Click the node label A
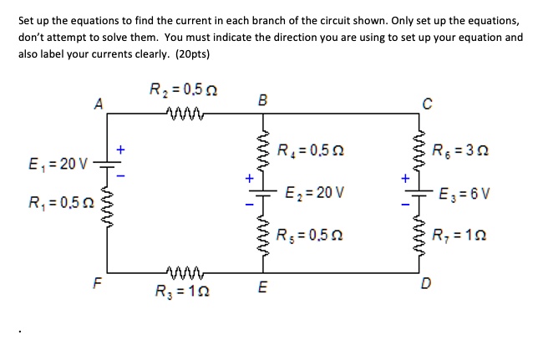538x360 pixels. point(98,104)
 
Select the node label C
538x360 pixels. point(426,104)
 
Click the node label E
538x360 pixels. point(263,286)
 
